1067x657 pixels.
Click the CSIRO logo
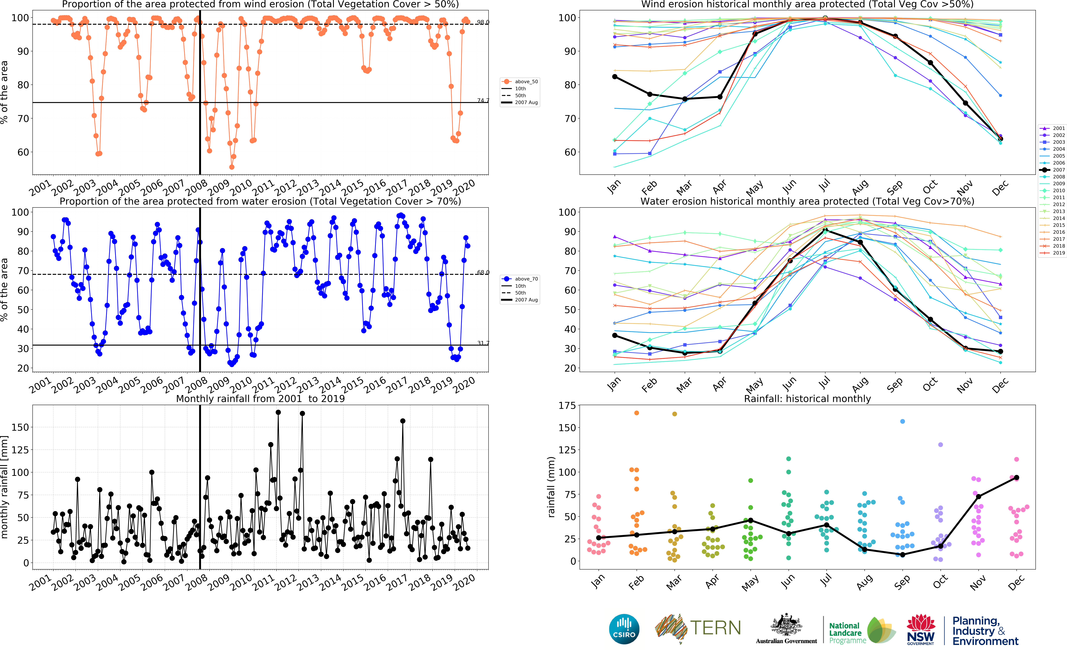(x=624, y=629)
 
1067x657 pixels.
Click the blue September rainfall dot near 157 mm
(x=902, y=421)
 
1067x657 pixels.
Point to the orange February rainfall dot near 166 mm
(x=637, y=413)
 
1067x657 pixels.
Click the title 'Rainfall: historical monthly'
(x=807, y=399)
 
